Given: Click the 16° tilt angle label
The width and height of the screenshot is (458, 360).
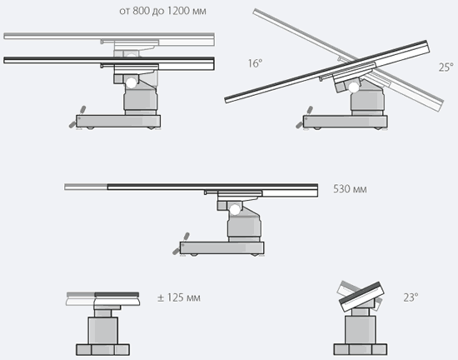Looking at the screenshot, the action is point(255,63).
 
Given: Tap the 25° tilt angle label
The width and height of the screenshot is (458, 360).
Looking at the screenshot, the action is point(446,67).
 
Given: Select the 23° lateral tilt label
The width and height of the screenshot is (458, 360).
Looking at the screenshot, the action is point(411,297).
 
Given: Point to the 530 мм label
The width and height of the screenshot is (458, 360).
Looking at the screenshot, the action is point(350,189).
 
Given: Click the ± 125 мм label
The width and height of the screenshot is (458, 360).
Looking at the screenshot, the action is point(179,297).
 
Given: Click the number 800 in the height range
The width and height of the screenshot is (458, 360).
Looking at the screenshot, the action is point(141,11).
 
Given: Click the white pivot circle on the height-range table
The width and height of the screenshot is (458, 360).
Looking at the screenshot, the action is point(132,83).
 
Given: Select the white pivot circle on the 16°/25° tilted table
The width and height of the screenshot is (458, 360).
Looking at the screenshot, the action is point(354,87).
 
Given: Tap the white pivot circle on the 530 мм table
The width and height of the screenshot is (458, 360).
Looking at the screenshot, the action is point(235,210).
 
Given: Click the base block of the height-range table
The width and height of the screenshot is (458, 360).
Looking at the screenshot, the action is point(118,121).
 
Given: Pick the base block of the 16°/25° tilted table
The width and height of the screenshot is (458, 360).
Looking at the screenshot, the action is point(346,122).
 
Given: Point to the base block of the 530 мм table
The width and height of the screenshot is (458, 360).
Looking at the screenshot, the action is point(222,247).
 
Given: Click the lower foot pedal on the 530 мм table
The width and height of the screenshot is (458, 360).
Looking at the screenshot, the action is point(177,251).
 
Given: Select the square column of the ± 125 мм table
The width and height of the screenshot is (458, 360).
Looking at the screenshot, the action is point(102,331).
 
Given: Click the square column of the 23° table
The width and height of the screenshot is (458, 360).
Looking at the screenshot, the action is point(361,330).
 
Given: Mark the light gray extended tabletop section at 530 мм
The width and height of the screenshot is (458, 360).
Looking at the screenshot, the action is point(86,187).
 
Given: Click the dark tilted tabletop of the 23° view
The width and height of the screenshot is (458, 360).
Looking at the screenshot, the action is point(361,297).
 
